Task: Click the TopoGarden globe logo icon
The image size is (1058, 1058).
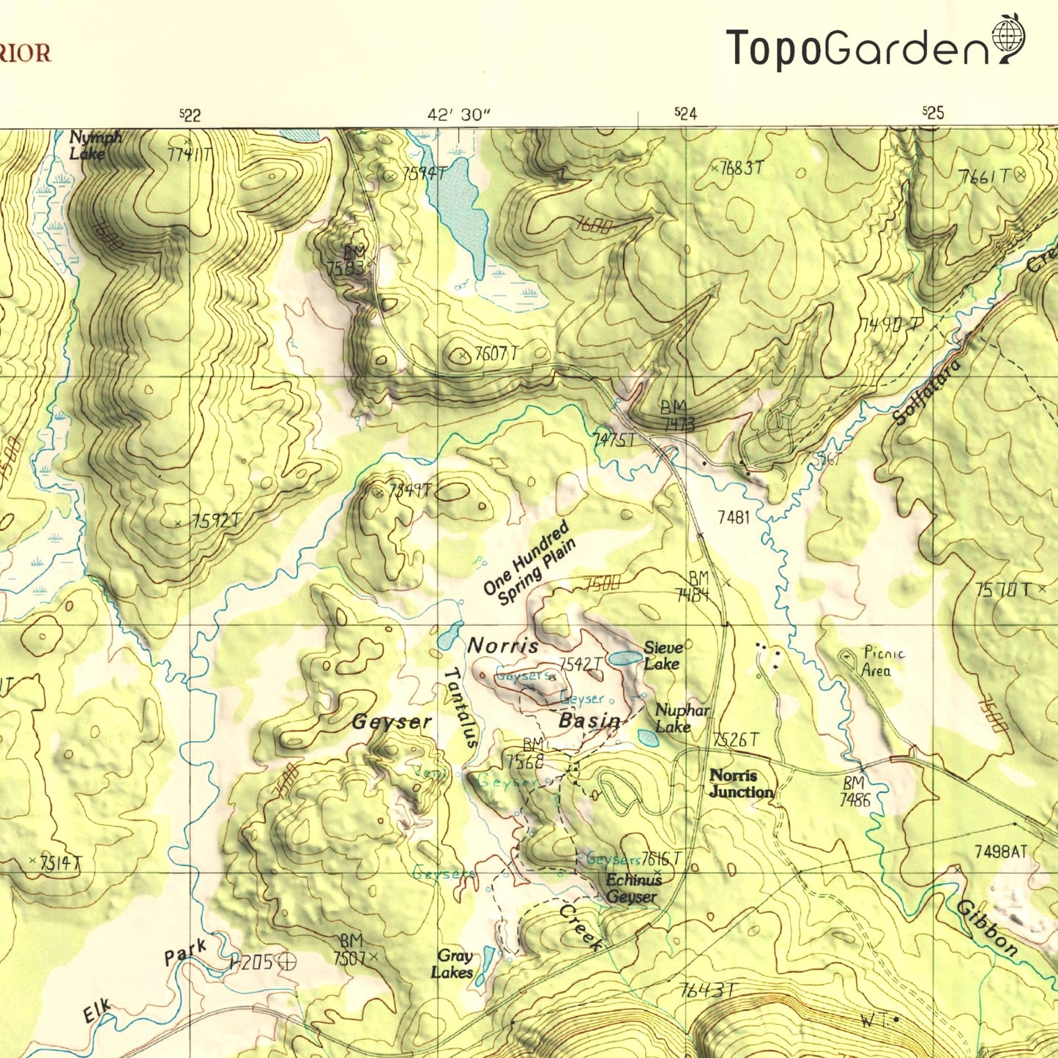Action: coord(1007,40)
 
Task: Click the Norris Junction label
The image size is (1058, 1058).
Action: coord(741,783)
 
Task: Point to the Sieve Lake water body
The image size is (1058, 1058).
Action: coord(624,658)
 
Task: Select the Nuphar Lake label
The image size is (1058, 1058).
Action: coord(682,718)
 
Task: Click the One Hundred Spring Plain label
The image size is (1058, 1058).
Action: coord(529,565)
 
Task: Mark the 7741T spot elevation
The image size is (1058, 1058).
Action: coord(189,154)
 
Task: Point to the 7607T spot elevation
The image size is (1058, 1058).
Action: coord(496,354)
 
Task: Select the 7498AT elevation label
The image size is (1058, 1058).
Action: coord(1001,852)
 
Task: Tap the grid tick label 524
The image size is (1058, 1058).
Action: coord(685,113)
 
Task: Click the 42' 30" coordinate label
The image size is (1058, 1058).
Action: coord(458,115)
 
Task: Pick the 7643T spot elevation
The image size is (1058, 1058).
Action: coord(706,991)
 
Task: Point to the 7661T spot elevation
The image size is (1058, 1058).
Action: coord(985,176)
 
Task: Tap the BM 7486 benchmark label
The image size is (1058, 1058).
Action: coord(854,791)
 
